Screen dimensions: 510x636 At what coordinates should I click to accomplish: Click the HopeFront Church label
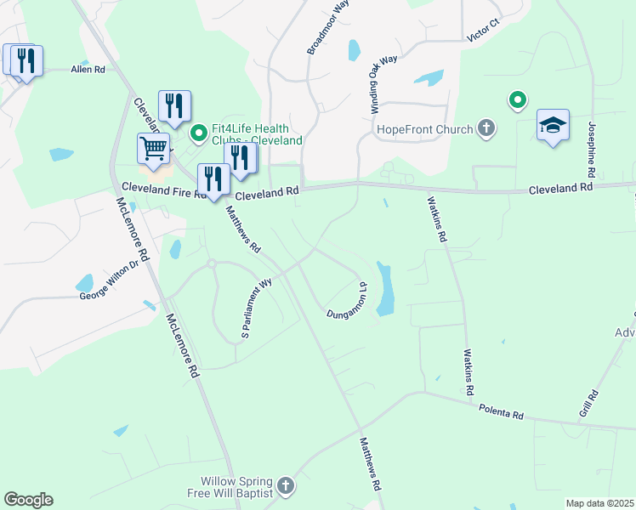pyautogui.click(x=424, y=130)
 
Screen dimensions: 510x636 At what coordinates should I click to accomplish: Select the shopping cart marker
pyautogui.click(x=153, y=149)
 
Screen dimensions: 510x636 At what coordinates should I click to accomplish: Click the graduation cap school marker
pyautogui.click(x=553, y=126)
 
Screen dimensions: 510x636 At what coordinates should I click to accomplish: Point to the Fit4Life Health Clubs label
pyautogui.click(x=258, y=133)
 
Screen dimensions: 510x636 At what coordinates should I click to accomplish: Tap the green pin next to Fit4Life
pyautogui.click(x=199, y=133)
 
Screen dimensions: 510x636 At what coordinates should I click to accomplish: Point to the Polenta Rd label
pyautogui.click(x=500, y=412)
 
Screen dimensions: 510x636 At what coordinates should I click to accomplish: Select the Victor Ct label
pyautogui.click(x=482, y=34)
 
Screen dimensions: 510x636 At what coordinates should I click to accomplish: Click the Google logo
pyautogui.click(x=28, y=500)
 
